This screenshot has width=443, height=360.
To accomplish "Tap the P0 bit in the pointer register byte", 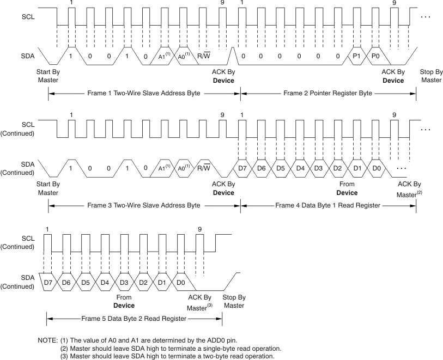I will click(x=375, y=56).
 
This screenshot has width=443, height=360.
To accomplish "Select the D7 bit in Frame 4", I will click(x=244, y=168).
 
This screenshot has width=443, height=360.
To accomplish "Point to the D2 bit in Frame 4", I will click(x=338, y=168).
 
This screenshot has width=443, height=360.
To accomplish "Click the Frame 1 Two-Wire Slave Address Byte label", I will click(x=144, y=93).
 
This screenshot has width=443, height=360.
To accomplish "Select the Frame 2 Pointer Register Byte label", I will click(x=327, y=93).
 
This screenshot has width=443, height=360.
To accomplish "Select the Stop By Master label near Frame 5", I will click(x=234, y=301).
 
